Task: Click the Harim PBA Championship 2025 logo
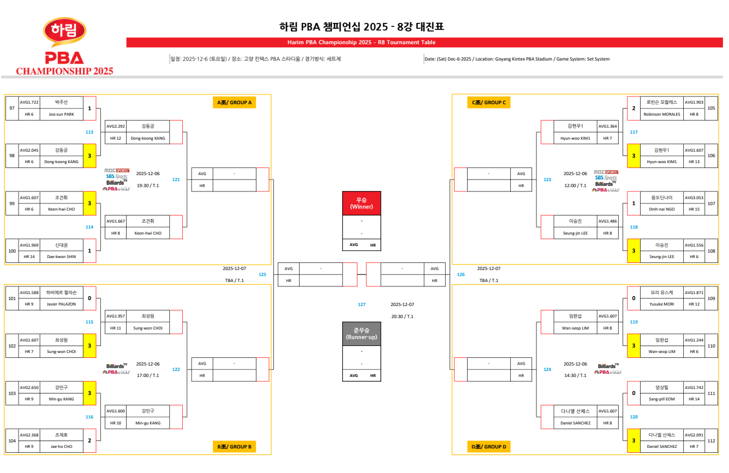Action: (x=64, y=47)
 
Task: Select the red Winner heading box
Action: (x=361, y=203)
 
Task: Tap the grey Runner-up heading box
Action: (x=361, y=334)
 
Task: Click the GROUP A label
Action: (x=235, y=103)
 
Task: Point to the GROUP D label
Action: (x=489, y=447)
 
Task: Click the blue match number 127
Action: (x=362, y=304)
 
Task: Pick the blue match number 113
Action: (x=89, y=132)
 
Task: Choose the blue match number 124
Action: (x=547, y=369)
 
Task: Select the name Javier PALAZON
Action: (x=61, y=304)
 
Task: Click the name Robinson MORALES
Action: (x=661, y=115)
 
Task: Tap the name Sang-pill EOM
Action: (x=661, y=399)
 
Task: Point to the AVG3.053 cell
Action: (x=694, y=197)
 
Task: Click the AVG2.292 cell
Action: (x=116, y=126)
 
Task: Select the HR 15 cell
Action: (x=694, y=209)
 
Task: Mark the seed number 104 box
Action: (x=12, y=440)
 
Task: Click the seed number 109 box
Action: (x=711, y=298)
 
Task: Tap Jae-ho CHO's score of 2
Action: (x=89, y=440)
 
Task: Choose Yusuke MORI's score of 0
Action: (x=634, y=298)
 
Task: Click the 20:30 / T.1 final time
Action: (x=402, y=316)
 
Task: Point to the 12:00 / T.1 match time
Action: (x=575, y=185)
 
